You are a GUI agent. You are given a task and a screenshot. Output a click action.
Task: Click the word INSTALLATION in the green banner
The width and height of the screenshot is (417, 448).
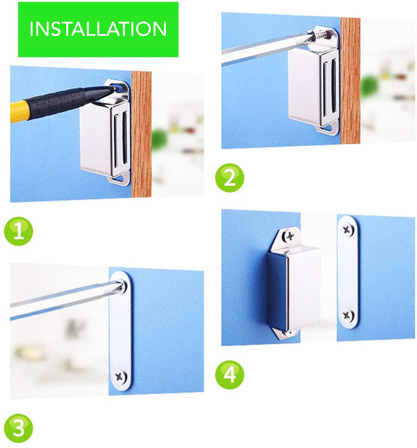98,29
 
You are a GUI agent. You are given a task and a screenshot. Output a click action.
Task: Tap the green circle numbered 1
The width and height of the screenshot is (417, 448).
19,231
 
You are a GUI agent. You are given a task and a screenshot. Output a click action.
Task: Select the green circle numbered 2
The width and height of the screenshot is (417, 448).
229,177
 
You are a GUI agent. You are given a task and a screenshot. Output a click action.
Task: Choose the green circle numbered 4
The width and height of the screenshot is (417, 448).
229,374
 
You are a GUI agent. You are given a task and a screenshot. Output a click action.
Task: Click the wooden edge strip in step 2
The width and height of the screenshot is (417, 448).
350,81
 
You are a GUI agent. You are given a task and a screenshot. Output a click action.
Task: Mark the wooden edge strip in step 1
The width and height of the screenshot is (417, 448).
141,134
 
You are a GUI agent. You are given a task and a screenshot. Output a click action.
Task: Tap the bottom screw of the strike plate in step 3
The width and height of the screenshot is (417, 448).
120,377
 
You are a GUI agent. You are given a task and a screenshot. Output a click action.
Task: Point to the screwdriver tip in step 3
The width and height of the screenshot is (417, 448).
124,285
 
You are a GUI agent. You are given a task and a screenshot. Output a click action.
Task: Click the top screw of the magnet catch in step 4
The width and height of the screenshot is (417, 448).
290,236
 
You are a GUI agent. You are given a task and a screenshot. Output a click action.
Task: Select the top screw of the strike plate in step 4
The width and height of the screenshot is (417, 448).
347,229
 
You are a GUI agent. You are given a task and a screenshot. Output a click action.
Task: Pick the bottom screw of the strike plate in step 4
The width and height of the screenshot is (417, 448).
347,315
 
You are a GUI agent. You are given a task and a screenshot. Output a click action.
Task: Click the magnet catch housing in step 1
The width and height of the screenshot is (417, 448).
105,137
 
